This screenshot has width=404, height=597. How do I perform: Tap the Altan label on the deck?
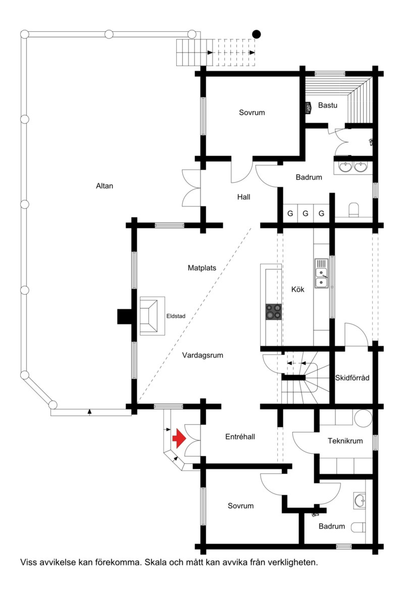[x=104, y=186]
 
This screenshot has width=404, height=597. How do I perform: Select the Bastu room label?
[x=327, y=105]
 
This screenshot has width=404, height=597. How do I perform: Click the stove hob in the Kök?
[x=273, y=312]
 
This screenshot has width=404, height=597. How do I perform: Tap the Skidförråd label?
[x=352, y=378]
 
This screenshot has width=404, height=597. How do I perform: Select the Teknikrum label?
[x=345, y=441]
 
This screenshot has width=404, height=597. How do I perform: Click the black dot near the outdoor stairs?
[x=256, y=34]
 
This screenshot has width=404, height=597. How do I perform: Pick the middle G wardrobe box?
[x=305, y=213]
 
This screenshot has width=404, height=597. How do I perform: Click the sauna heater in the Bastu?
[x=308, y=107]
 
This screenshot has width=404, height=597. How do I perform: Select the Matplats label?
[x=202, y=268]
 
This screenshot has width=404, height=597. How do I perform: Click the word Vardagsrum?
[x=203, y=355]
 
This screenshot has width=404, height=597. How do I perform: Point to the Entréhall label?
[x=240, y=437]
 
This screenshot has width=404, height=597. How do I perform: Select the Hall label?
[x=244, y=197]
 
